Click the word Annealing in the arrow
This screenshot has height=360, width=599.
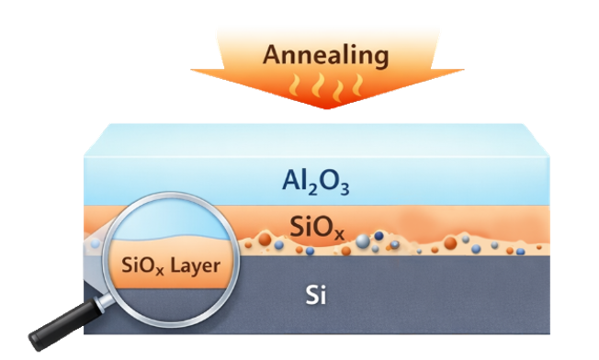coord(326,56)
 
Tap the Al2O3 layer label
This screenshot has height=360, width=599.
coord(315,182)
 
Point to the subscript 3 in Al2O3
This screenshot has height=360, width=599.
coord(345,188)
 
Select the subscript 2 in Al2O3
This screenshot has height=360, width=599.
coord(313,188)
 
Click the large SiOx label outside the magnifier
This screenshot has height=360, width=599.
coord(317,227)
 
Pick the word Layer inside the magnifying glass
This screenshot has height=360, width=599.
coord(195,265)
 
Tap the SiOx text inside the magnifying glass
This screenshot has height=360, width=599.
coord(142,265)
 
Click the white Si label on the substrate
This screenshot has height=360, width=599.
coord(316,295)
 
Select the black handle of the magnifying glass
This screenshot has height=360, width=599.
coord(63,326)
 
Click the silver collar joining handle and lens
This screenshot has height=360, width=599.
coord(104,303)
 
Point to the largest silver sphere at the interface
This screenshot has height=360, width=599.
coord(363,242)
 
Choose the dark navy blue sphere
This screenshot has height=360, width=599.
coord(379,235)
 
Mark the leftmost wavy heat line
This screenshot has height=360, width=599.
coord(294,85)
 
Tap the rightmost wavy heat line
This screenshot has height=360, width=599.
coord(357,84)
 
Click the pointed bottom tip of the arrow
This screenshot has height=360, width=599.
coord(327,108)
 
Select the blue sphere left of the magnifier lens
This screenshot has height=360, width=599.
coord(96,243)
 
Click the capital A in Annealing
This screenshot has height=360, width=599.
coord(272,54)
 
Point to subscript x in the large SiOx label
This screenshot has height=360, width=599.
coord(339,233)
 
